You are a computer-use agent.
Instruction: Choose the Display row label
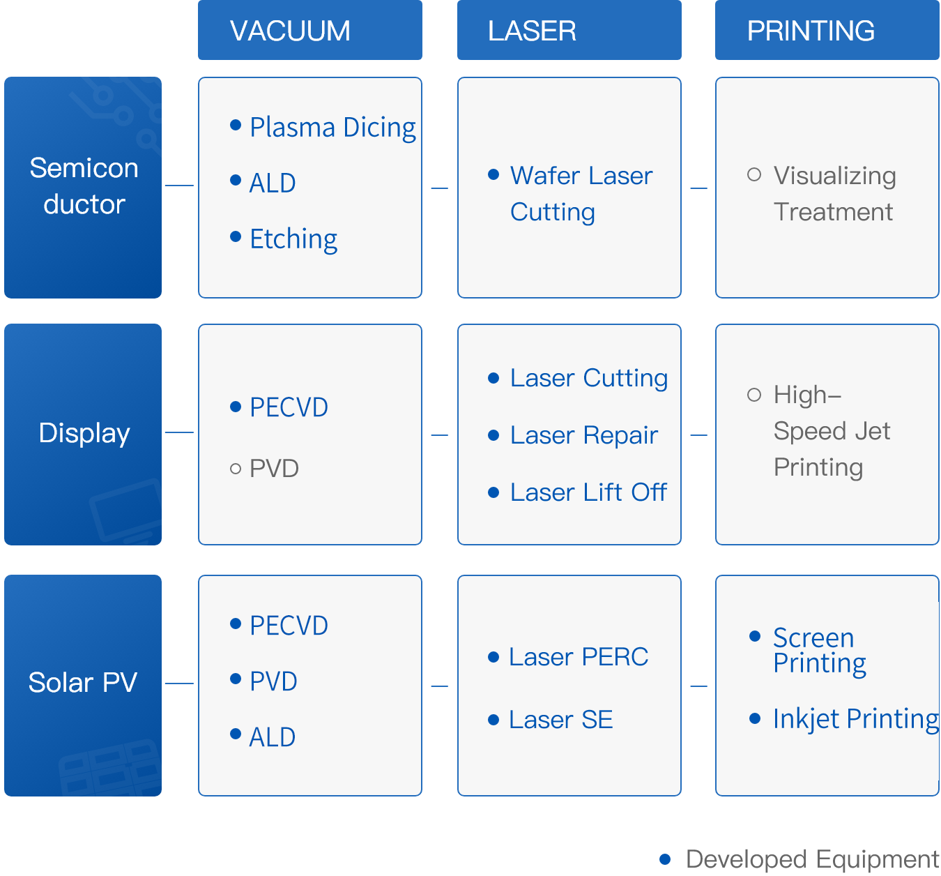point(83,434)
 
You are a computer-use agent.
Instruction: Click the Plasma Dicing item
point(332,128)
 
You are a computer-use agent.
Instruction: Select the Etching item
point(293,239)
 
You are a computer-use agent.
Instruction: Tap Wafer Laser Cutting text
point(581,193)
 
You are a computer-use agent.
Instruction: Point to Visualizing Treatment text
point(834,193)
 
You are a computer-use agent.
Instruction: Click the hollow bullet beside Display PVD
point(236,469)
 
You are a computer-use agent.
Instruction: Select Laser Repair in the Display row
point(583,435)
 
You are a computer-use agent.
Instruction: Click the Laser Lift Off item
point(588,492)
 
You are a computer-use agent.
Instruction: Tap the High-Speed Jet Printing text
point(832,431)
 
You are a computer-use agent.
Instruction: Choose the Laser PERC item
point(579,657)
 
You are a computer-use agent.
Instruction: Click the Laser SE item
point(561,720)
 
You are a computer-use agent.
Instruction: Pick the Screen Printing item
point(820,651)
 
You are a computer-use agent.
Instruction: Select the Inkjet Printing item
point(856,719)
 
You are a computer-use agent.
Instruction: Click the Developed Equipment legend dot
point(665,859)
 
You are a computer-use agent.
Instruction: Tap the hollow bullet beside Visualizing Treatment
point(753,174)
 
